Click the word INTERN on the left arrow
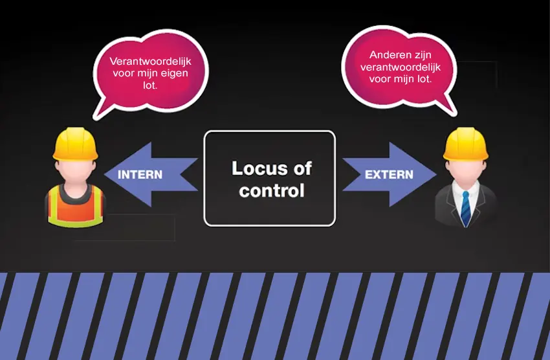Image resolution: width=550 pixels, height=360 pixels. point(140,175)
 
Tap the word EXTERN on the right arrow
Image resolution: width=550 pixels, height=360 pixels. point(390,175)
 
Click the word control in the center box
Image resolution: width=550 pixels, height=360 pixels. point(271,191)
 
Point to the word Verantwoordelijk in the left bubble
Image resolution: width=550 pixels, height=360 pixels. point(150,61)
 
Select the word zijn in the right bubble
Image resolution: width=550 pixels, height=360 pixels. point(421,56)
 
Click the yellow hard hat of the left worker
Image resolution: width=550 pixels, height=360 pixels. point(75,144)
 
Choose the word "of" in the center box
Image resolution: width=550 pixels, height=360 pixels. point(302,169)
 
